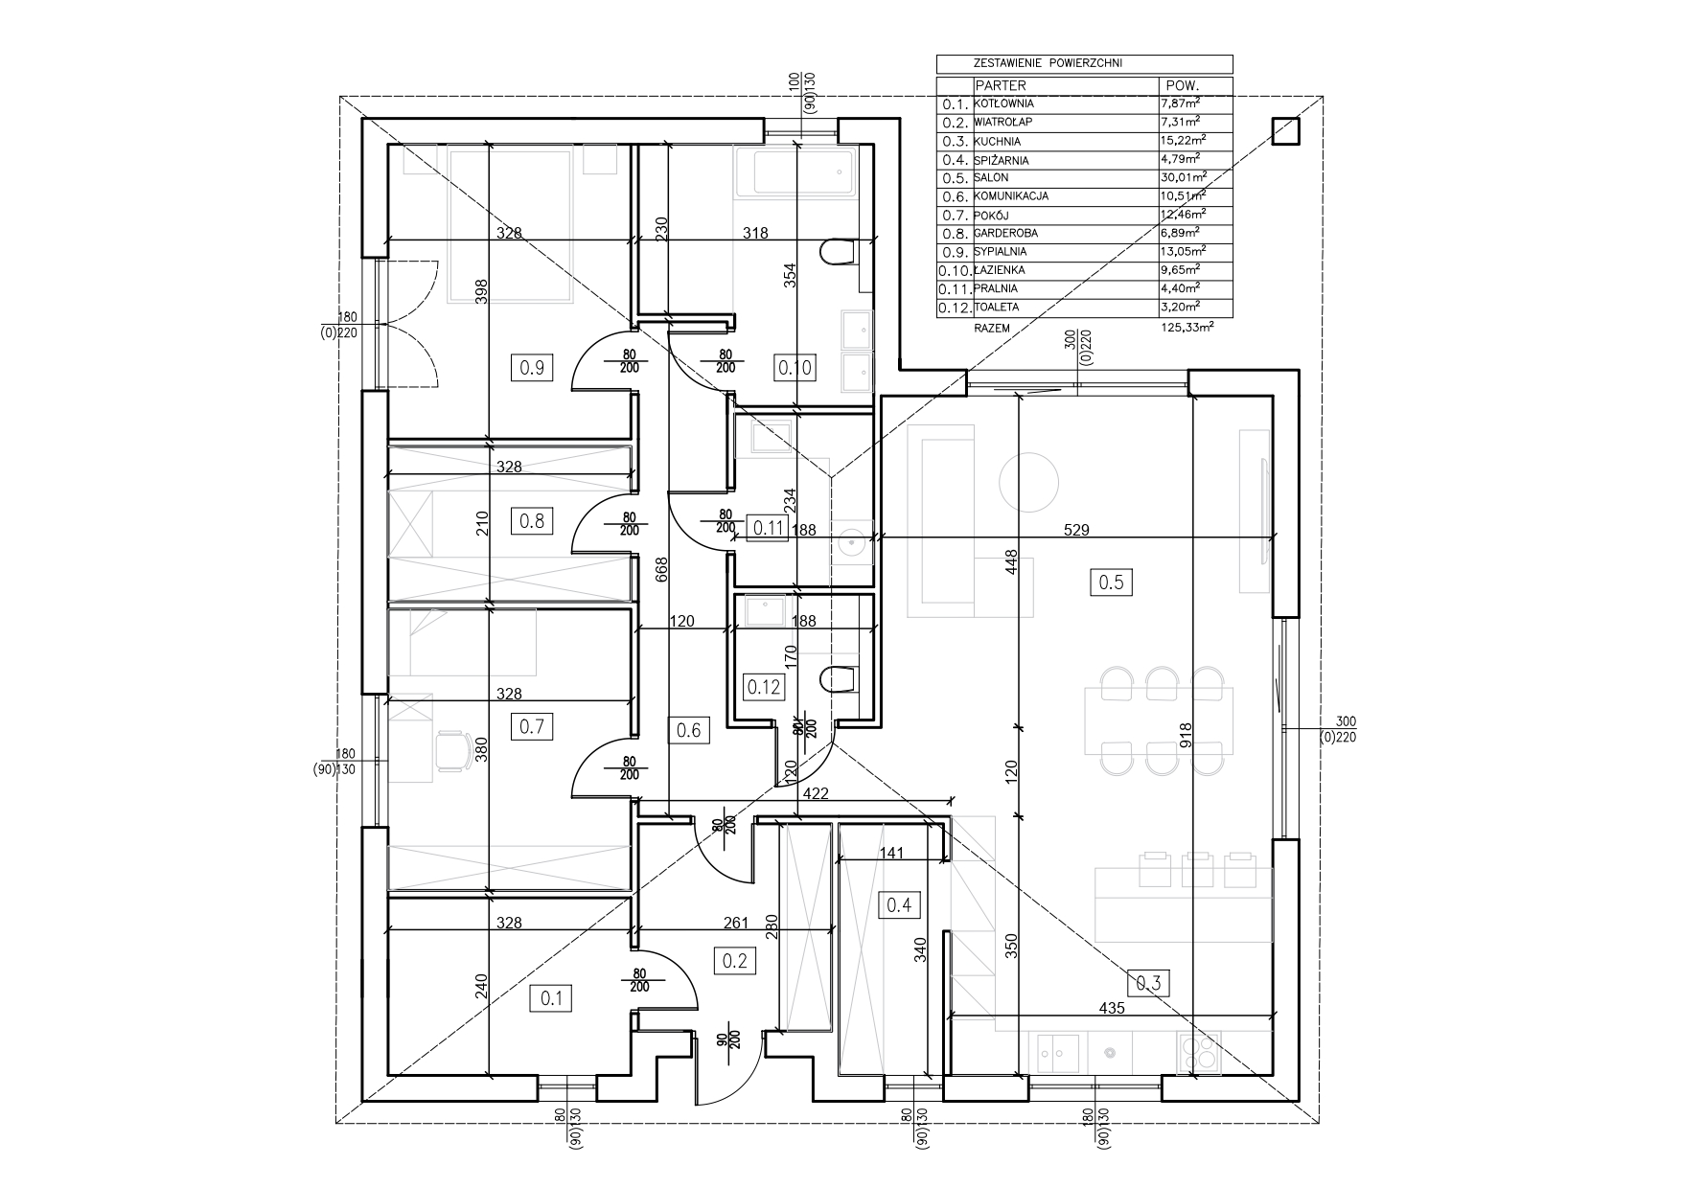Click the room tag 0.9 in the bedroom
tap(532, 366)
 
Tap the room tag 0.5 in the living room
tap(1110, 582)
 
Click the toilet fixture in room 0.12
tap(839, 677)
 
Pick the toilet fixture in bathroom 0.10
tap(839, 252)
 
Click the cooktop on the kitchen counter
tap(1199, 1053)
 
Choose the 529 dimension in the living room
tap(1077, 529)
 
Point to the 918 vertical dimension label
tap(1186, 734)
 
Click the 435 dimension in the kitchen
tap(1112, 1008)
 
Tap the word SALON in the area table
tap(992, 178)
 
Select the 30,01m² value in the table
tap(1182, 178)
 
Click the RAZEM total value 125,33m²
tap(1187, 327)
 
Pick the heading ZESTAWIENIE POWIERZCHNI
tap(1048, 63)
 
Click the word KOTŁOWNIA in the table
tap(1003, 103)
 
